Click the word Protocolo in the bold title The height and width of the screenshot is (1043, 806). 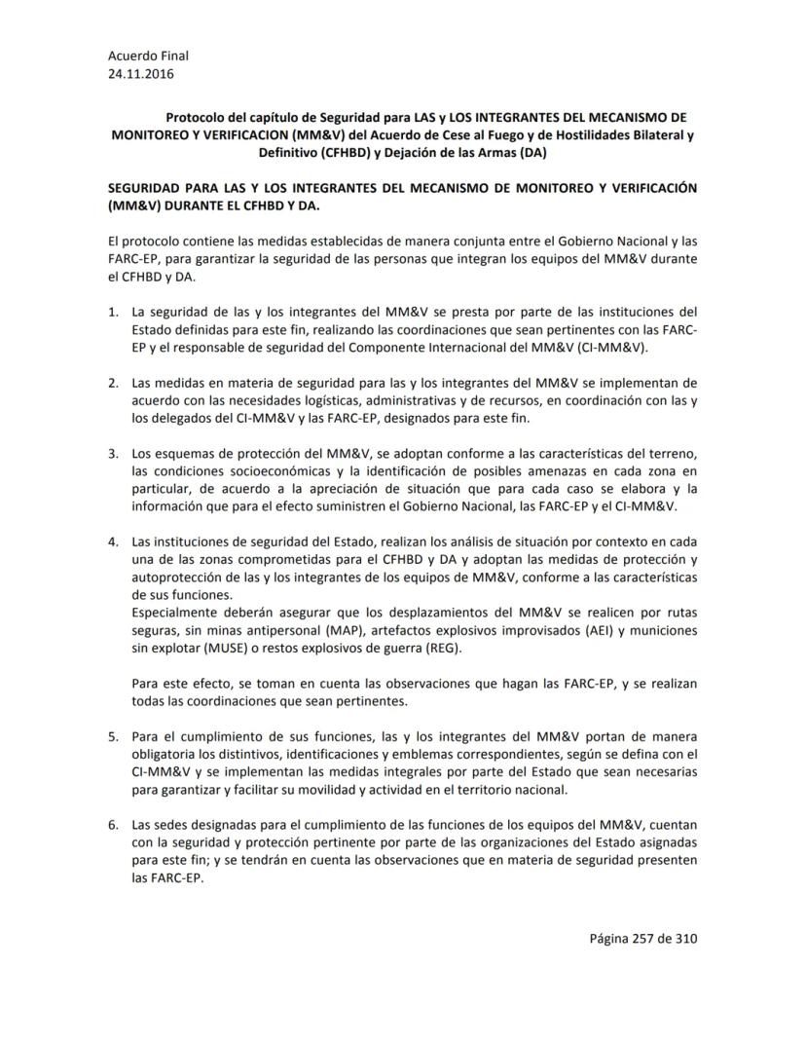(196, 117)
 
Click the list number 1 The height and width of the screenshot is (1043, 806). (112, 313)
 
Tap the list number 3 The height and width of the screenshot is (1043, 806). (112, 454)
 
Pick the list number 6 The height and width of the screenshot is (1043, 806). (112, 825)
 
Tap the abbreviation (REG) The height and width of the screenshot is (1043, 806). (442, 649)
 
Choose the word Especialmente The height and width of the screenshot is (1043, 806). (179, 613)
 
